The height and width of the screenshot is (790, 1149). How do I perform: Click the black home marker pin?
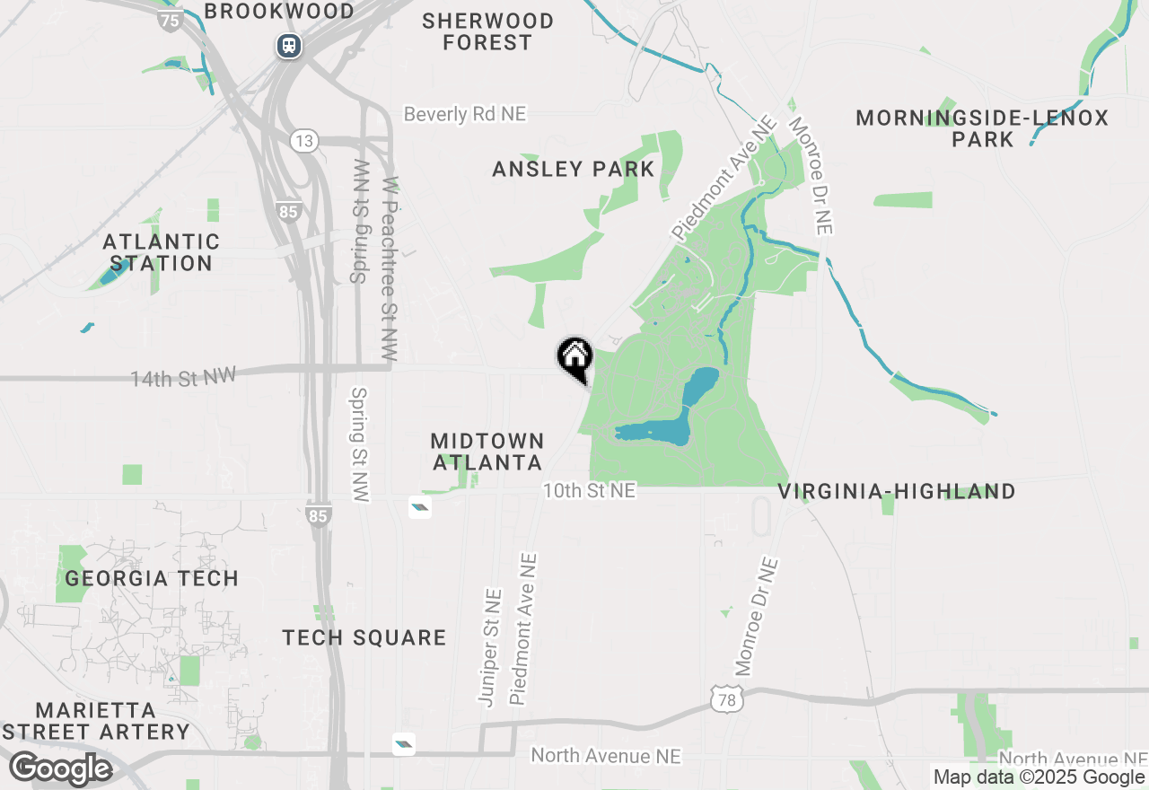pos(574,357)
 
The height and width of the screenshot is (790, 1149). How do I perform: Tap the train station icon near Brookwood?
pos(289,45)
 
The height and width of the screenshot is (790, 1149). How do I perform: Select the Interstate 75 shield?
pos(171,20)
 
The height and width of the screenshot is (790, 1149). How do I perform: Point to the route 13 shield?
pos(304,140)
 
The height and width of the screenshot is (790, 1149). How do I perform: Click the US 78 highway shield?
pos(726,699)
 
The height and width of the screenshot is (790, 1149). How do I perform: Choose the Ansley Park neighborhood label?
pos(574,169)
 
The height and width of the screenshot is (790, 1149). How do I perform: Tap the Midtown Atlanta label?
pos(487,452)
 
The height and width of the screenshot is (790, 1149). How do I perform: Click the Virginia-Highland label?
pos(896,491)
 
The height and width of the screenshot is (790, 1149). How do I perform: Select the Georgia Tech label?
pos(152,578)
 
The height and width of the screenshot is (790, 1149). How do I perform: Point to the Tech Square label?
pos(364,637)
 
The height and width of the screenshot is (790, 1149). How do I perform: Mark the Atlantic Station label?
pos(162,252)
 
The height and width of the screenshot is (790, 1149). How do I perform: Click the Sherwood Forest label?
pos(487,31)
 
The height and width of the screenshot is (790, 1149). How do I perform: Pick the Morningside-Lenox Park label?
pos(982,128)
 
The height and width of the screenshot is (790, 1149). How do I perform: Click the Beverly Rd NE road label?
pos(464,114)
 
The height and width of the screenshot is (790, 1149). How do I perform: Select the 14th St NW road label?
pos(182,378)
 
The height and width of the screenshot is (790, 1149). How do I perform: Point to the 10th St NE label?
pos(589,490)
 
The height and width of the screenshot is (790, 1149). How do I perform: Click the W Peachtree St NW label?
pos(390,269)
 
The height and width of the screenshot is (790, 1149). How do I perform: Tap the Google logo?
pos(60,769)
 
